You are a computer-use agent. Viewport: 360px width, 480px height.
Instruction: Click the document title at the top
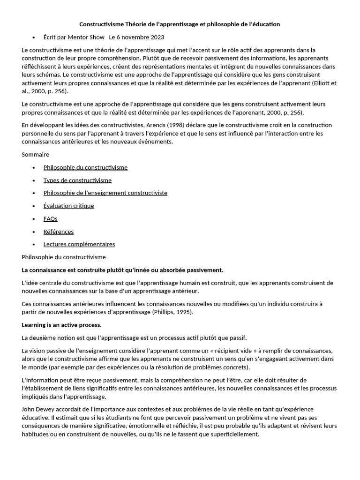pos(180,24)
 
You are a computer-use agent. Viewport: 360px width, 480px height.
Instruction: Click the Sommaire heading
pos(35,154)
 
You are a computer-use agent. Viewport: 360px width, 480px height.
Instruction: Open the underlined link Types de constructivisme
pos(77,180)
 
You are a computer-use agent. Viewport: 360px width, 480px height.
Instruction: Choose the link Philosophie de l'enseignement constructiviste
pos(105,193)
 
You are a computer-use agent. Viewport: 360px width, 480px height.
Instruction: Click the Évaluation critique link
pos(68,206)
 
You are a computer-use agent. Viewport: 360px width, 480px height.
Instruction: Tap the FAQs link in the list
pos(51,218)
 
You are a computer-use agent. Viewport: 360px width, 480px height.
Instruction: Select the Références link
pos(59,232)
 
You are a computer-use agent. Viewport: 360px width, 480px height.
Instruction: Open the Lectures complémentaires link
pos(79,244)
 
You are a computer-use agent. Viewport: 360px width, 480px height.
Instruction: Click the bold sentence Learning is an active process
pos(61,325)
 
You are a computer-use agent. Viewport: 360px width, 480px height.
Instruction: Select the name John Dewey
pos(39,409)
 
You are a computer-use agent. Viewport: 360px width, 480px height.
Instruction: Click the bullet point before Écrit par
pos(34,37)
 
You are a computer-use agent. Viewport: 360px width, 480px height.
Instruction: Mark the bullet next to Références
pos(34,232)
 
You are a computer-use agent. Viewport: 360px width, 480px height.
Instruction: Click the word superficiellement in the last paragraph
pos(231,434)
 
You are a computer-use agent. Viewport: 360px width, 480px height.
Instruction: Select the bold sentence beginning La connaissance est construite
pos(122,270)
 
